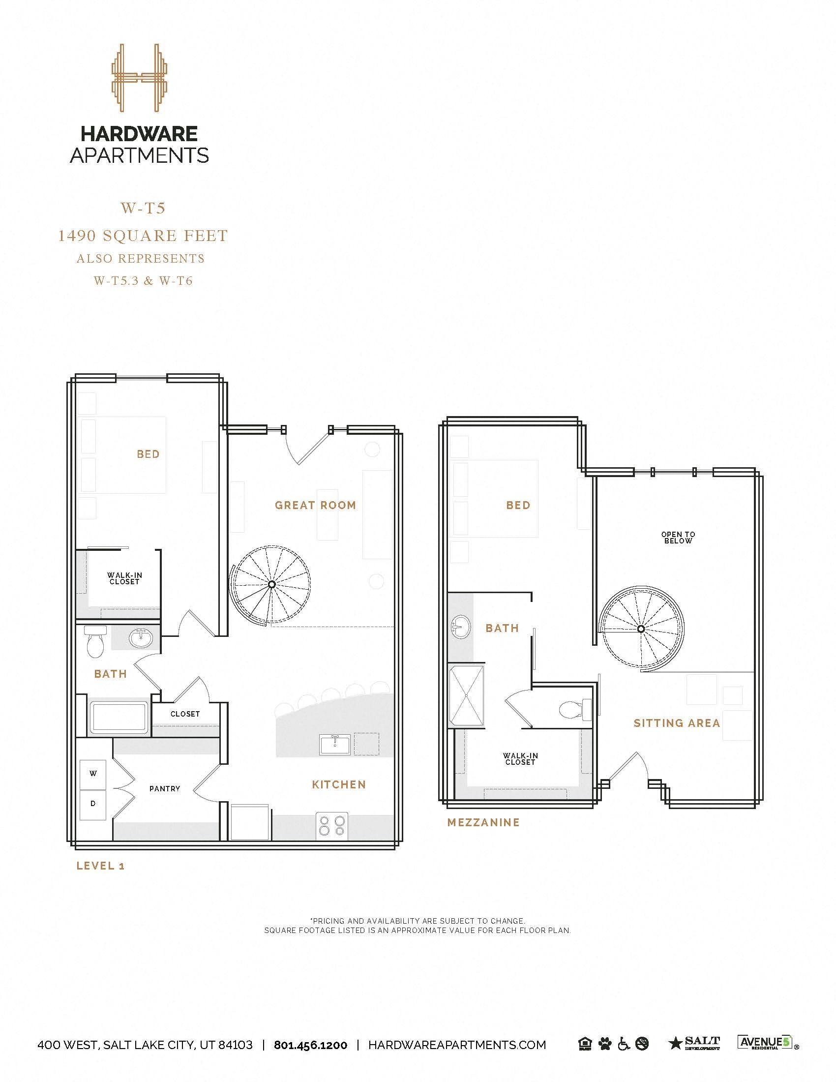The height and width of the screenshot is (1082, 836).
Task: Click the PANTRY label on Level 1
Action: (164, 789)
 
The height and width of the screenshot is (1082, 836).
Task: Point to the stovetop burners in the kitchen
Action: (332, 826)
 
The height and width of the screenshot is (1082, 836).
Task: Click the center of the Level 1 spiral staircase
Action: (271, 585)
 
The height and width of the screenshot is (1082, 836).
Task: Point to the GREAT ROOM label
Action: (316, 505)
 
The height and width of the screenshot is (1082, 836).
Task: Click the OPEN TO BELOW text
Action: (678, 538)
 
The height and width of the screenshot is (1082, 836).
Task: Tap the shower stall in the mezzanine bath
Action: (466, 695)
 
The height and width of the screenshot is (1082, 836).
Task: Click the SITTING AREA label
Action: (677, 723)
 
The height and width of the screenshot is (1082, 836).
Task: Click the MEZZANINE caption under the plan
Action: (483, 822)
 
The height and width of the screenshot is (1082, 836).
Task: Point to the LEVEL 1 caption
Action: (100, 866)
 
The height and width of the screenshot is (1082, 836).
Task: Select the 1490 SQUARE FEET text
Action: (143, 236)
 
